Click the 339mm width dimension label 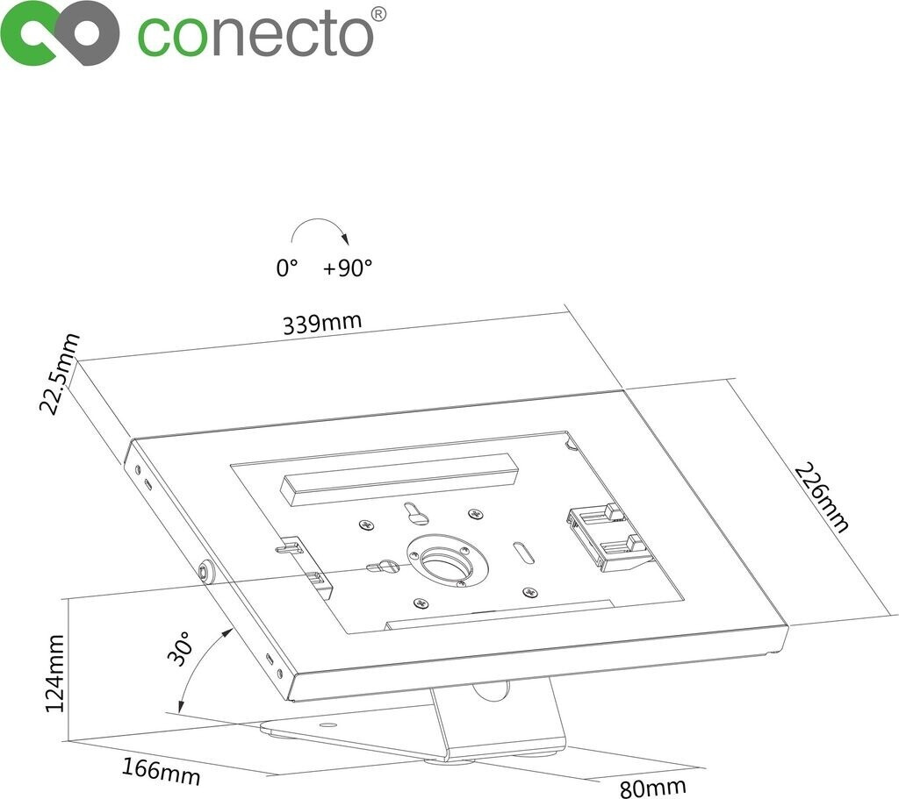321,324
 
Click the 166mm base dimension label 162,770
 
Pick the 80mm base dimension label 652,787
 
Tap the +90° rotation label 348,268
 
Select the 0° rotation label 288,268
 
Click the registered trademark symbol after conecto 378,14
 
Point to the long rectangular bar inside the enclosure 399,478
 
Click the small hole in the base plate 327,726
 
